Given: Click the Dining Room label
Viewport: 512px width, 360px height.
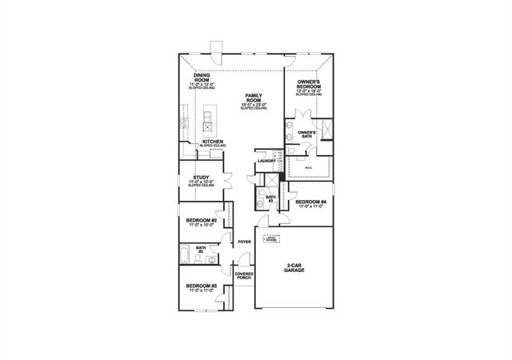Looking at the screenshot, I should (201, 78).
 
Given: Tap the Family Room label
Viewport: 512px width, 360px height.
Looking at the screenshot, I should (254, 98).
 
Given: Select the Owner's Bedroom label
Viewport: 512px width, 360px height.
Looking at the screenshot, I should (309, 84).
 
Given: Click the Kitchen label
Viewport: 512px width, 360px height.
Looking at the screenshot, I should (212, 142).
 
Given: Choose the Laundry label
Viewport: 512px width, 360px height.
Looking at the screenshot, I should (266, 162).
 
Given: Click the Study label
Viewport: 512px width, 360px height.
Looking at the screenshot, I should (202, 178).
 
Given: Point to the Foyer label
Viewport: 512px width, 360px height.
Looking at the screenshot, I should (244, 241).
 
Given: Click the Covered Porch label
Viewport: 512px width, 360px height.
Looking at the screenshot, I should (244, 277).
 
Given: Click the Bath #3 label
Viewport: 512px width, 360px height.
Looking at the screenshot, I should (270, 197).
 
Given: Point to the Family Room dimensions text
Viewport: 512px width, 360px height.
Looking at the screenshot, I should (254, 104).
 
